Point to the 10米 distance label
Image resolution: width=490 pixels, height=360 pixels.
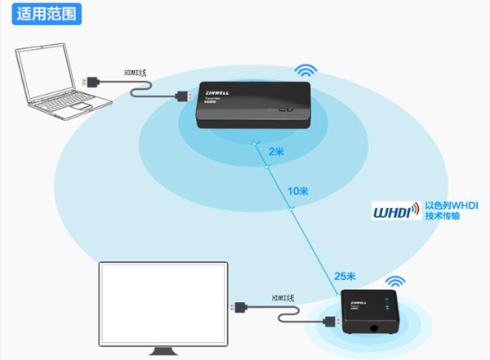298,192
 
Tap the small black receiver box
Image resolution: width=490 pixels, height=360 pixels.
369,313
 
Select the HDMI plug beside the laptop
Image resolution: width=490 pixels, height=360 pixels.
93,80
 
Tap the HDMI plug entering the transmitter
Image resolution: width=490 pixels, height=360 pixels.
184,97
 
